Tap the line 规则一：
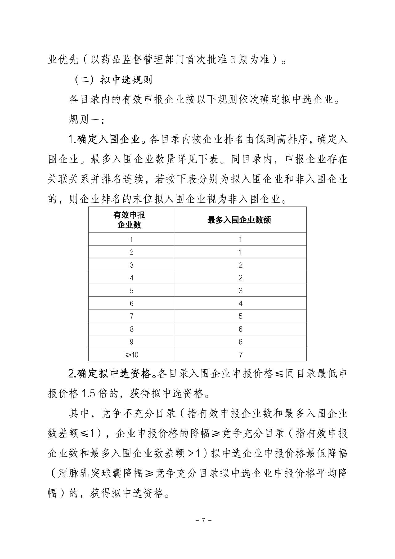(x=86, y=119)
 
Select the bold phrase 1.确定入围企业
(x=104, y=139)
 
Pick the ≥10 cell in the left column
(x=132, y=355)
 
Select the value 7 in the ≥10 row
(x=240, y=355)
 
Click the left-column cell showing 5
(x=132, y=291)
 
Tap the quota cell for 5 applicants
(x=240, y=291)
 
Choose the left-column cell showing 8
(x=132, y=329)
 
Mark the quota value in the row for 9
(x=240, y=342)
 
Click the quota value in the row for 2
(x=240, y=252)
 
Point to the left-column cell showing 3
(x=132, y=265)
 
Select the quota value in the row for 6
(x=240, y=304)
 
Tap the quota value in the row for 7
(x=240, y=316)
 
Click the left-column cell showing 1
(x=132, y=239)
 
